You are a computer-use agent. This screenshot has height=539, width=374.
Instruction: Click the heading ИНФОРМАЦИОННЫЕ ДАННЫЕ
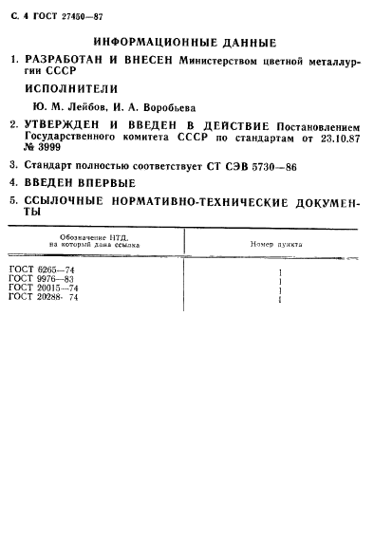(185, 43)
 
